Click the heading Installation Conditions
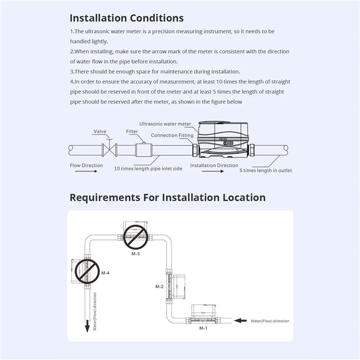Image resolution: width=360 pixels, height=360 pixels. click(x=126, y=18)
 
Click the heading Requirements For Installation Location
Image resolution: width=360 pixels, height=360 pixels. click(x=167, y=197)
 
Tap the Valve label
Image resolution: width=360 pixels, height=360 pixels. click(x=100, y=131)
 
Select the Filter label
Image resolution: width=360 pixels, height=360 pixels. click(x=132, y=131)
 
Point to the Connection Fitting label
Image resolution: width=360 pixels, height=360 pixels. click(x=172, y=135)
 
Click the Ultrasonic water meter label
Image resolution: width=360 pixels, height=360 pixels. click(x=165, y=124)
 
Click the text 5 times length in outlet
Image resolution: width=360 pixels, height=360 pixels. click(x=265, y=171)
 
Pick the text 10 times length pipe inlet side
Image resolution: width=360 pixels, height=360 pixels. click(x=148, y=168)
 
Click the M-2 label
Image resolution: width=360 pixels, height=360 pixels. click(x=159, y=286)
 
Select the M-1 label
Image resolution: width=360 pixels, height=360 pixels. click(x=203, y=328)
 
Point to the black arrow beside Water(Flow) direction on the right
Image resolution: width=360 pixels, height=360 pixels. click(x=242, y=321)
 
